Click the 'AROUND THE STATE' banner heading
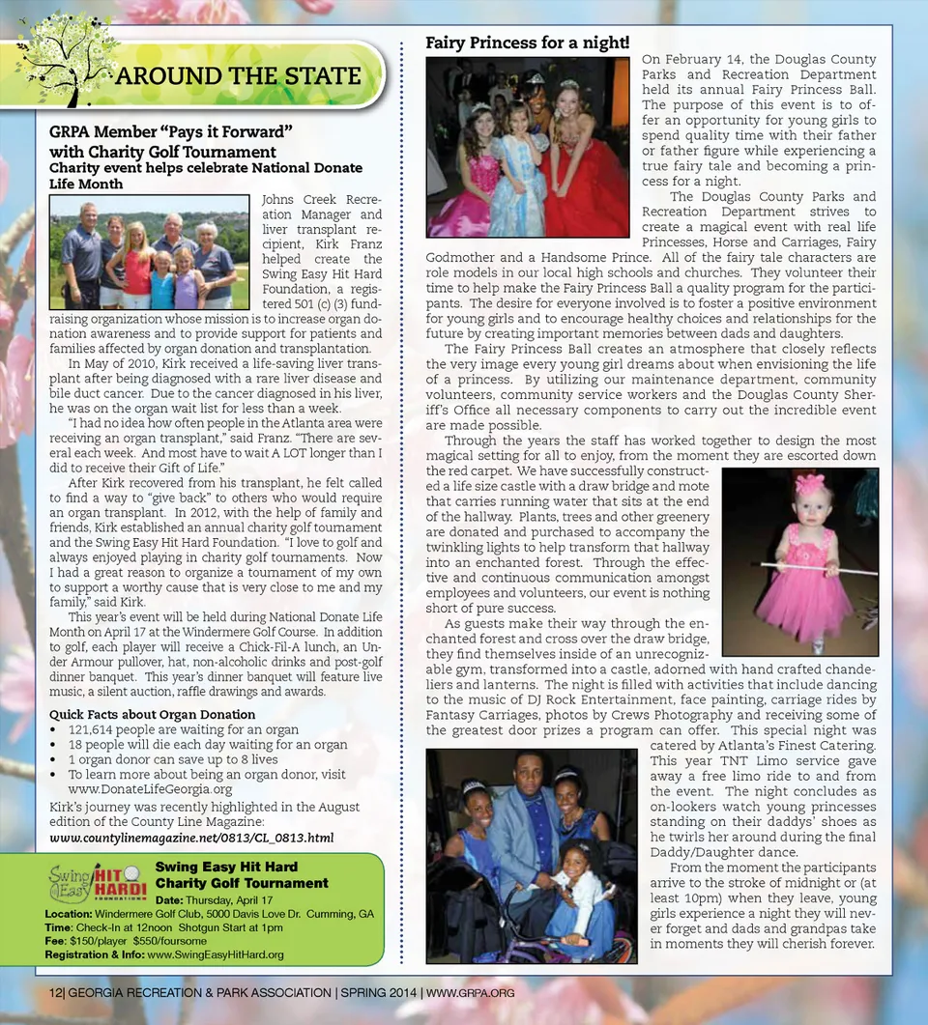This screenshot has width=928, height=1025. pyautogui.click(x=238, y=76)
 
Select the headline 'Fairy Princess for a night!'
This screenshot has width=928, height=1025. pyautogui.click(x=528, y=43)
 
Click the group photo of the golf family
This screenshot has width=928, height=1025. pyautogui.click(x=148, y=251)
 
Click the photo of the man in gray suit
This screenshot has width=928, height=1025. pyautogui.click(x=531, y=855)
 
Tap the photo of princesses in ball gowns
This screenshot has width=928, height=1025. pyautogui.click(x=528, y=146)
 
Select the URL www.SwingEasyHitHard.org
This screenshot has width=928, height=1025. pyautogui.click(x=215, y=954)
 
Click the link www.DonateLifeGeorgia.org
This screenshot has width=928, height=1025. pyautogui.click(x=150, y=789)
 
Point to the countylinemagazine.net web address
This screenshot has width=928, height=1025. pyautogui.click(x=191, y=838)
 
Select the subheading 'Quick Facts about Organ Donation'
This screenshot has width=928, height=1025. pyautogui.click(x=153, y=715)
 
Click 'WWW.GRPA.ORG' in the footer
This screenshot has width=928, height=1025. pyautogui.click(x=470, y=993)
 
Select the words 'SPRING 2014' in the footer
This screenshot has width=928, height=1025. pyautogui.click(x=378, y=993)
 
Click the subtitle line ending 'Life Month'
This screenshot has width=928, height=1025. pyautogui.click(x=86, y=184)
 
